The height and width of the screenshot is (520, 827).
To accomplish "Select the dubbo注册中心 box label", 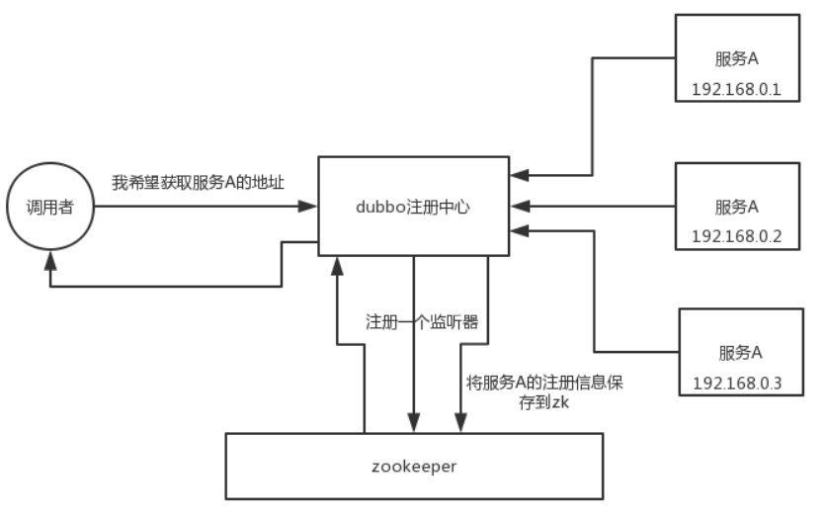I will click(x=413, y=206).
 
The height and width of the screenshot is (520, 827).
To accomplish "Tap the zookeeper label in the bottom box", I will click(x=413, y=466).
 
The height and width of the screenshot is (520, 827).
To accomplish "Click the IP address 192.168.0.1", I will click(x=736, y=90).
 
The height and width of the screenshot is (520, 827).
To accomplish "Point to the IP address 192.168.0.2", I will click(x=736, y=237).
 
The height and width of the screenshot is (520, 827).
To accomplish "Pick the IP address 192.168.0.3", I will click(x=736, y=383).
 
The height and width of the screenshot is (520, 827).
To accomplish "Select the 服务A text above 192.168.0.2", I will click(x=736, y=208).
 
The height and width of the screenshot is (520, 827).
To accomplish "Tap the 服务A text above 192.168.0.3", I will click(x=736, y=353).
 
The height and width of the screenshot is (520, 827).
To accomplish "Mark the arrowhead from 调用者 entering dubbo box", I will click(x=308, y=207).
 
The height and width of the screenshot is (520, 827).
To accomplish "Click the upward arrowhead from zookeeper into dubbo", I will click(x=338, y=265).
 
